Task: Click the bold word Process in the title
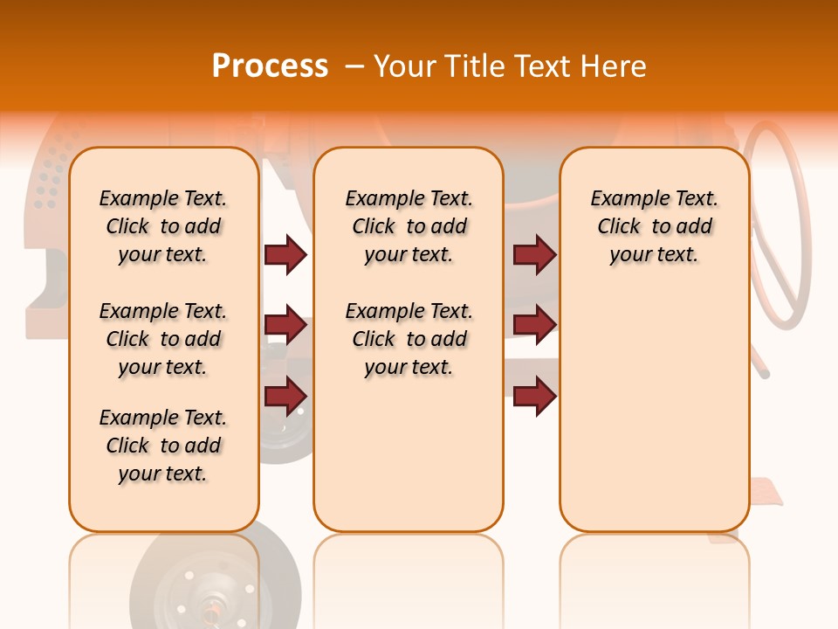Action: (270, 66)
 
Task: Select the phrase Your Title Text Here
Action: (510, 66)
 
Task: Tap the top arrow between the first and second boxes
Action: (285, 254)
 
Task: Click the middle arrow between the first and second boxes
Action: (285, 325)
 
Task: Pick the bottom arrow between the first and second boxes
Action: (285, 395)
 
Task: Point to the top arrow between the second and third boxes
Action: (534, 254)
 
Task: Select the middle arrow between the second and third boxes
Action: (534, 325)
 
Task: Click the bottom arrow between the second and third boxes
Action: (534, 395)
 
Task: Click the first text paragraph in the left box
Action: (163, 226)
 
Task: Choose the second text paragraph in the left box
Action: (163, 339)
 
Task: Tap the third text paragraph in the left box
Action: (163, 446)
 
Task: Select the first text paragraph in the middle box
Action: (409, 226)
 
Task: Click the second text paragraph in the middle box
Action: (409, 339)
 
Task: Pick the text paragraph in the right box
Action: (654, 226)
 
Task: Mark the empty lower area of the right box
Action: (654, 402)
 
